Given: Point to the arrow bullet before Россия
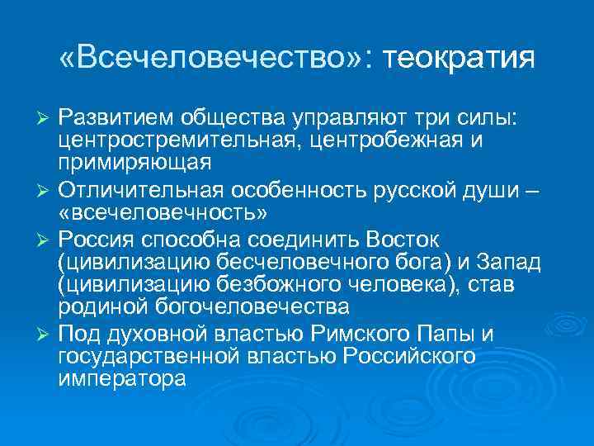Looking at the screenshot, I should [x=46, y=239].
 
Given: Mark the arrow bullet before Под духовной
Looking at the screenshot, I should [x=46, y=334].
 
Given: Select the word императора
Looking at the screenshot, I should [x=122, y=380].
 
